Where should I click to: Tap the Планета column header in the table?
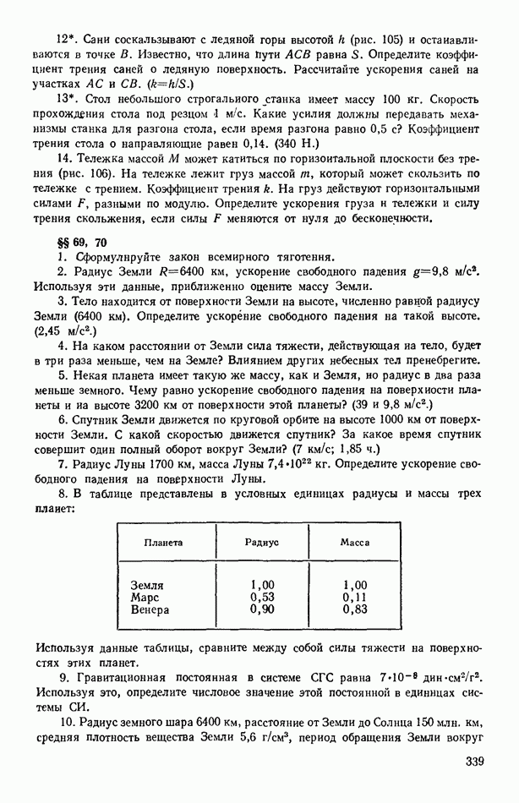click(162, 543)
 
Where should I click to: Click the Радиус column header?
click(262, 543)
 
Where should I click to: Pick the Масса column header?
click(355, 543)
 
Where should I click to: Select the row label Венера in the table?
click(150, 609)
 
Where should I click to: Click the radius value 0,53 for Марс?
click(263, 597)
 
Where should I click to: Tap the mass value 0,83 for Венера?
click(355, 609)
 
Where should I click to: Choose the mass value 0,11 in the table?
click(355, 597)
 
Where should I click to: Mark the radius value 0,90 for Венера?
click(263, 609)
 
